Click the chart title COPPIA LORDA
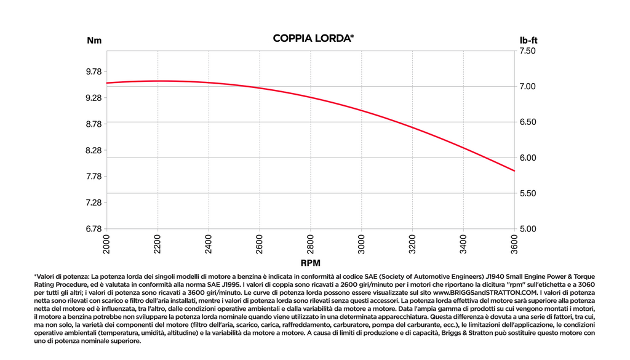(x=313, y=38)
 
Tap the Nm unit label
(x=94, y=41)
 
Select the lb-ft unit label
(x=528, y=40)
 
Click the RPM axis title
(x=311, y=263)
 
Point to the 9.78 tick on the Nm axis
(x=94, y=71)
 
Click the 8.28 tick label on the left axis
(x=94, y=150)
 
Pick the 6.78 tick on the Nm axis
(x=94, y=229)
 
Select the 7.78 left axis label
(x=94, y=177)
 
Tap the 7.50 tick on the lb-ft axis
(x=527, y=51)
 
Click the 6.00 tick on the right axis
(x=527, y=158)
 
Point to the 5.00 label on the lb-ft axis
(x=527, y=229)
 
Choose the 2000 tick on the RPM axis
(x=106, y=245)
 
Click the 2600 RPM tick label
(x=259, y=245)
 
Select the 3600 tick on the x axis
(x=514, y=245)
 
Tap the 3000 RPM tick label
(x=361, y=245)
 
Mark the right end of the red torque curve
(x=514, y=170)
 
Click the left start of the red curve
(x=106, y=83)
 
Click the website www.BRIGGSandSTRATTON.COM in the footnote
(x=485, y=292)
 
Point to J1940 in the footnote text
(x=495, y=276)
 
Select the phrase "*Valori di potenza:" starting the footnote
(x=62, y=276)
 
